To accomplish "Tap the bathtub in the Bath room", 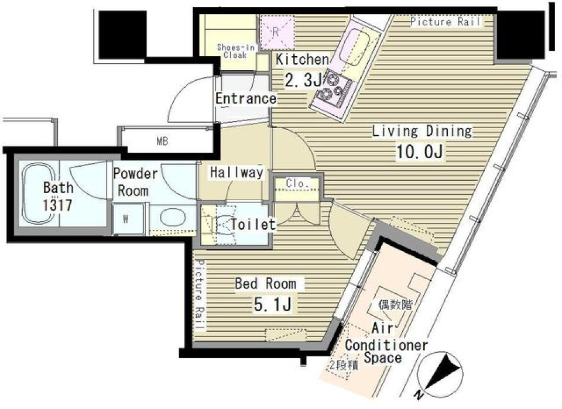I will click(x=39, y=193).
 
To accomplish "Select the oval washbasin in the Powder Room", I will click(x=172, y=218).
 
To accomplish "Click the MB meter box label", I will click(x=162, y=140).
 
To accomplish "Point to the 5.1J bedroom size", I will click(x=273, y=304).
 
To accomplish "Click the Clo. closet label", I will click(x=297, y=184).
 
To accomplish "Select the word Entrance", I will click(x=245, y=98).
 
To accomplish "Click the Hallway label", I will click(x=237, y=173).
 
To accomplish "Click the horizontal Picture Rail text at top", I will click(x=445, y=22).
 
